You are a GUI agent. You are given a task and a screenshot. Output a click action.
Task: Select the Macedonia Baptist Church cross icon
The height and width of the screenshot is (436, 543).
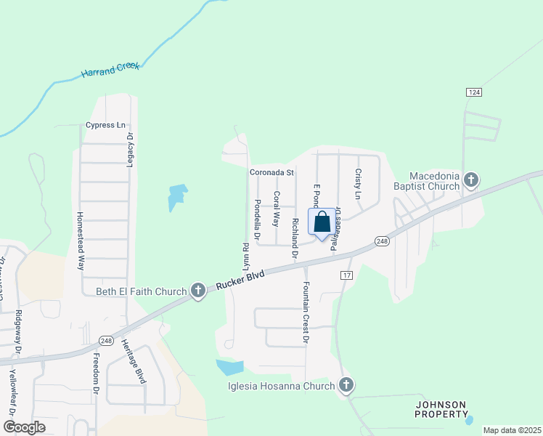coord(471,179)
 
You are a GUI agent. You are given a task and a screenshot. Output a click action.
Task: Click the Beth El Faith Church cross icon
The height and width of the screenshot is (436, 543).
coord(197,291)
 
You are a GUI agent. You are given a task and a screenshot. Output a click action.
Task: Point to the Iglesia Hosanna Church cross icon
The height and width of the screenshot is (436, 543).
coord(346,386)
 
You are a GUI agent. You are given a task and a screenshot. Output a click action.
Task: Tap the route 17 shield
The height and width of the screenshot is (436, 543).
coord(346,275)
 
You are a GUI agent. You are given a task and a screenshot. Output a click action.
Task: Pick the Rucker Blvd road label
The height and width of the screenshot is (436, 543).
coord(242,280)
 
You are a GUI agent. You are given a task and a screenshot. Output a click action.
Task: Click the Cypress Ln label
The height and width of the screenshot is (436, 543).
coord(105,125)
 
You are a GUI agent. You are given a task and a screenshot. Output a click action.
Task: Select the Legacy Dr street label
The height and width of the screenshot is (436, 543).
coord(131,150)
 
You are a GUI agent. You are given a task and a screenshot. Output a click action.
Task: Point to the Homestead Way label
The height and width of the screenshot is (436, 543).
coord(81,241)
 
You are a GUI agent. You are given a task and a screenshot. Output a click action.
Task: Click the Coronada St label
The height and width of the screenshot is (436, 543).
coord(271,173)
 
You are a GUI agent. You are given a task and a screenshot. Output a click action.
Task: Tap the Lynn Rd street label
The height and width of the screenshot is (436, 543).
coord(237,254)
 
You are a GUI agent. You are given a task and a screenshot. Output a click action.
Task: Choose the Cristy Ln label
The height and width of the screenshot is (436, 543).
coord(358,184)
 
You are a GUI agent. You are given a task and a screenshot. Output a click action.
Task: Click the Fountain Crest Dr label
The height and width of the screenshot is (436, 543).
coord(306,312)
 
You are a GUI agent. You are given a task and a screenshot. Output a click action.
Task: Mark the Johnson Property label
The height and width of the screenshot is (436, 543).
coord(441,409)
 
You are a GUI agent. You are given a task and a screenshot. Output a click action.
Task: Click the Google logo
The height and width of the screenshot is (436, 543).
coord(24,427)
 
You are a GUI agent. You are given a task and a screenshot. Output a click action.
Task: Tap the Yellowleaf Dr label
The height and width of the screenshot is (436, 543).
coord(12,392)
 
